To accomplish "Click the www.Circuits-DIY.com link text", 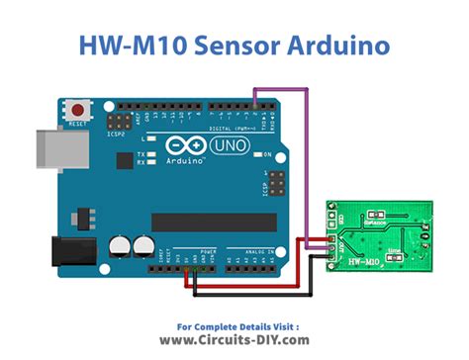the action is click(x=234, y=339).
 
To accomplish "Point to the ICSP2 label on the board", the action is click(x=118, y=134).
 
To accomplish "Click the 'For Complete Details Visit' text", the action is click(x=234, y=324).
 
